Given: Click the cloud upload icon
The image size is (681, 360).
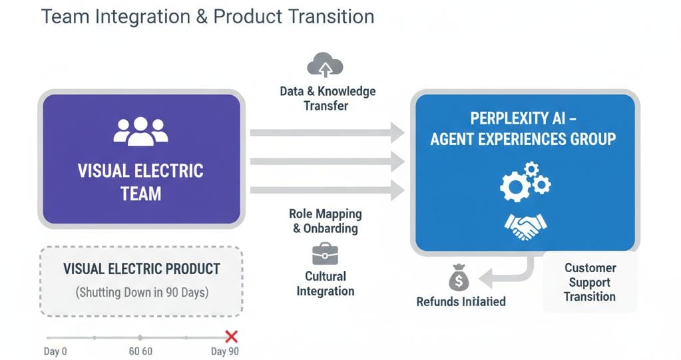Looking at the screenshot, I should pos(325,65).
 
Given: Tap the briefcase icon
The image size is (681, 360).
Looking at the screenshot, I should pos(325,254).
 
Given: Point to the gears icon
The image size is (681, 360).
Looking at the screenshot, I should pos(525,181).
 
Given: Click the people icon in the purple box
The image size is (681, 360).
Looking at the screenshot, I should pos(140,130).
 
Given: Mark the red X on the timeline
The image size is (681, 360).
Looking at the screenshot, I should pos(232,337).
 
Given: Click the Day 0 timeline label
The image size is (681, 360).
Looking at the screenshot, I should pos(55,351).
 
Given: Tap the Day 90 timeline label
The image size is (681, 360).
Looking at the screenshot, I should pos(224,351).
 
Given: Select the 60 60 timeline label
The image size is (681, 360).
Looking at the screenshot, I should pos(139,351).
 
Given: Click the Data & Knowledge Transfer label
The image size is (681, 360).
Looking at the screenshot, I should pos(328,98).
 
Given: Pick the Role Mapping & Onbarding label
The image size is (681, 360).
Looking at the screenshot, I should pos(326,221).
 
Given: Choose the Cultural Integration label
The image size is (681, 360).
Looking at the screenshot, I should pos(326,283).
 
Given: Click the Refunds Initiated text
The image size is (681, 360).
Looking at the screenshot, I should pos(461,301).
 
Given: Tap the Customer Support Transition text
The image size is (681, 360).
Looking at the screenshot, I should pos(590,282).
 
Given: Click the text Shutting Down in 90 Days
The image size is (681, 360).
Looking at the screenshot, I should pos(141,292).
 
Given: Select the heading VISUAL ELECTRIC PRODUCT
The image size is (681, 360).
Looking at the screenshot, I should pos(141,270).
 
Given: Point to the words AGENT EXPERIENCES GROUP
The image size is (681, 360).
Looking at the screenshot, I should pos(523,139).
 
